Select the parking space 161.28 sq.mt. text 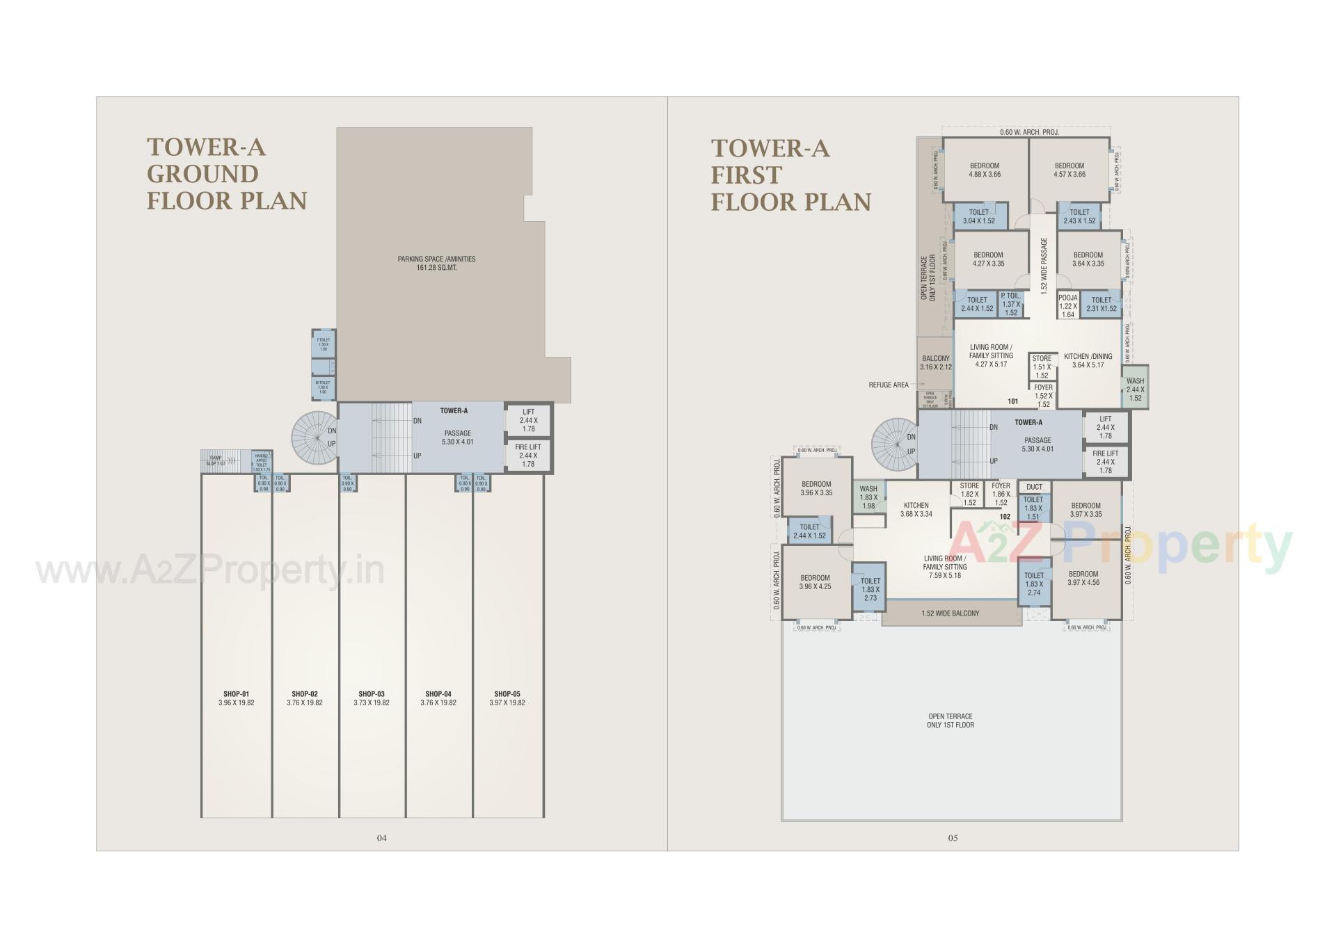pos(436,263)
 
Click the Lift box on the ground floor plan pos(528,420)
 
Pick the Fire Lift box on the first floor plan pos(1105,462)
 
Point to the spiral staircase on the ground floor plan pos(315,436)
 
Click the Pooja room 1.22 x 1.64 pos(1067,306)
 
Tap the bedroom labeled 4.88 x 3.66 pos(984,170)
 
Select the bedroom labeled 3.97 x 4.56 pos(1083,579)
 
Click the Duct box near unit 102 pos(1034,487)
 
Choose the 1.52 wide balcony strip pos(950,613)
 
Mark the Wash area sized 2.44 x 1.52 pos(1135,389)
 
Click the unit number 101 pos(1012,401)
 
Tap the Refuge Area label pos(888,385)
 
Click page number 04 pos(381,838)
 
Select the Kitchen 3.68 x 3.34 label pos(916,510)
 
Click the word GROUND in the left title pos(202,174)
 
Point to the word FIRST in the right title pos(746,175)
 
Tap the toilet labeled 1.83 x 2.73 pos(870,589)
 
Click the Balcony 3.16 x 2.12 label pos(935,362)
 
